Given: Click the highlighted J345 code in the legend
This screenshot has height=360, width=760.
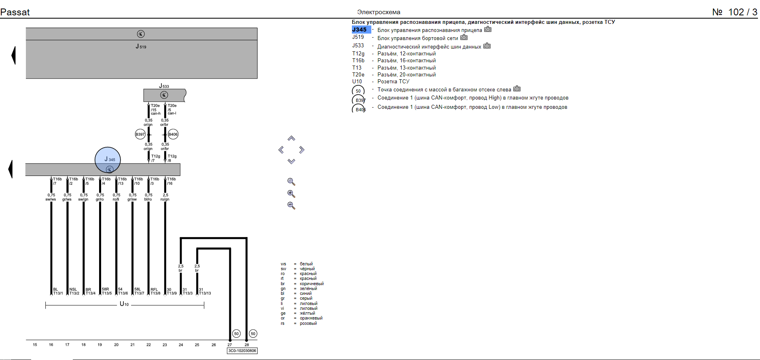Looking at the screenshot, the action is click(360, 30).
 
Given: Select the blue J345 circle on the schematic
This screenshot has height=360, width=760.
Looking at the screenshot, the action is click(108, 160).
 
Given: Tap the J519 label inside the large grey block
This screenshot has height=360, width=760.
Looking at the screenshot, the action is click(141, 47).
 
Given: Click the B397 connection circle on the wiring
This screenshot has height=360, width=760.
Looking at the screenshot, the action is click(140, 134).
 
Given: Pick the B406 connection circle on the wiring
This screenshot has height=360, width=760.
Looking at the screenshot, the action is click(173, 134).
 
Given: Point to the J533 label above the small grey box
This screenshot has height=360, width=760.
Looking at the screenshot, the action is click(164, 86).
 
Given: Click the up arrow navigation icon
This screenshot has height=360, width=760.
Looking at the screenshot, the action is click(291, 138).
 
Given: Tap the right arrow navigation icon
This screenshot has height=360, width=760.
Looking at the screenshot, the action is click(302, 150).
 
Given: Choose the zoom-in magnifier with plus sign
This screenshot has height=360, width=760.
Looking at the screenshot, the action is click(291, 194).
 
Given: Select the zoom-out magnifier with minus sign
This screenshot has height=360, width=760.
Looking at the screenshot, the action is click(291, 205).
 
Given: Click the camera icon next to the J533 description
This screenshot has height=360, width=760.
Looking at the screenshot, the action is click(487, 46).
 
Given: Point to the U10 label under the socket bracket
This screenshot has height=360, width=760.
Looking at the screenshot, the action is click(124, 304).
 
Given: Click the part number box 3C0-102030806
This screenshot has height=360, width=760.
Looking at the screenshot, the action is click(242, 351).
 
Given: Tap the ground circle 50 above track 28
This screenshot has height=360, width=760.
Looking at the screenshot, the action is click(253, 334).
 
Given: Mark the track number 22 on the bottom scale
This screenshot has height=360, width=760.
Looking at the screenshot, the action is click(148, 345).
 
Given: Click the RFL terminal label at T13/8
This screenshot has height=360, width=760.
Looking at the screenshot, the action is click(154, 290).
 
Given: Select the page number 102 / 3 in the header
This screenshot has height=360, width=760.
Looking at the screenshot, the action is click(743, 12).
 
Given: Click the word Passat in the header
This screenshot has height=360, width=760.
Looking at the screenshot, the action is click(15, 12).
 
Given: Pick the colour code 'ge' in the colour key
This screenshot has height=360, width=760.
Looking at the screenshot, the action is click(283, 313).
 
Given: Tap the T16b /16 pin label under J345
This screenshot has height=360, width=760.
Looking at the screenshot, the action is click(171, 181).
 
